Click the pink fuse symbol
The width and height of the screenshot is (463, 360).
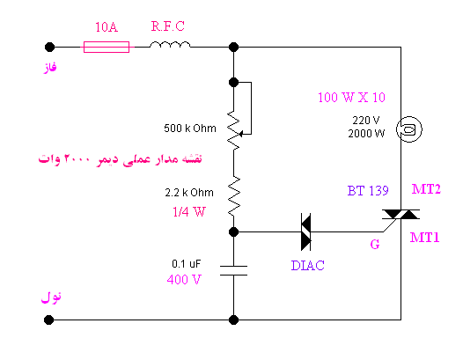107,47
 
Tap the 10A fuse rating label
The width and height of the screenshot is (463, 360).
107,27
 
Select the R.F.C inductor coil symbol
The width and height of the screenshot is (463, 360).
170,45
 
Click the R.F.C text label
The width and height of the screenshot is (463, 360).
168,26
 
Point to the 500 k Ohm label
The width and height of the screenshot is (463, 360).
190,129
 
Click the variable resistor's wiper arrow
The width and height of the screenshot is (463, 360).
241,134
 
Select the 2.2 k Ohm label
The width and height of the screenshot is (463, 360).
189,193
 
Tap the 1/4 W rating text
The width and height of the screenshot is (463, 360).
189,212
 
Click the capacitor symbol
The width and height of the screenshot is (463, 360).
233,270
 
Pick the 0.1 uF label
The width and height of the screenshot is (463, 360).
186,264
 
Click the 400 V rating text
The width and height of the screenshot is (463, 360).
184,279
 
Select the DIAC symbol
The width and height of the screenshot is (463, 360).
305,231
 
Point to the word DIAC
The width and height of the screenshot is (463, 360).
308,266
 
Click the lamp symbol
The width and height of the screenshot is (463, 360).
409,129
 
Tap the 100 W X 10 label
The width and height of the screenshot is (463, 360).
351,97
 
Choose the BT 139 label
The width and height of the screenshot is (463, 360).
368,190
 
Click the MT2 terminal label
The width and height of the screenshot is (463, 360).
426,189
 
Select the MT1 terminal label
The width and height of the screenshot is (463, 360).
424,238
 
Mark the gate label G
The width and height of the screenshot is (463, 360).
375,244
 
